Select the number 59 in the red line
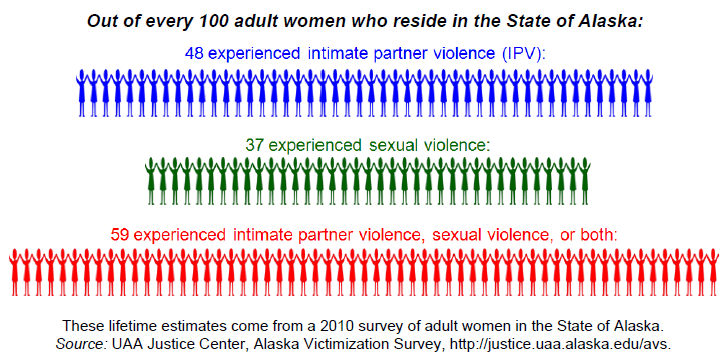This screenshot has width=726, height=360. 120,236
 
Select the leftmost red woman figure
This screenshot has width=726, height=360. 15,272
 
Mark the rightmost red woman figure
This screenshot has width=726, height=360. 710,272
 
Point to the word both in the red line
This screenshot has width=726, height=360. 594,236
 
